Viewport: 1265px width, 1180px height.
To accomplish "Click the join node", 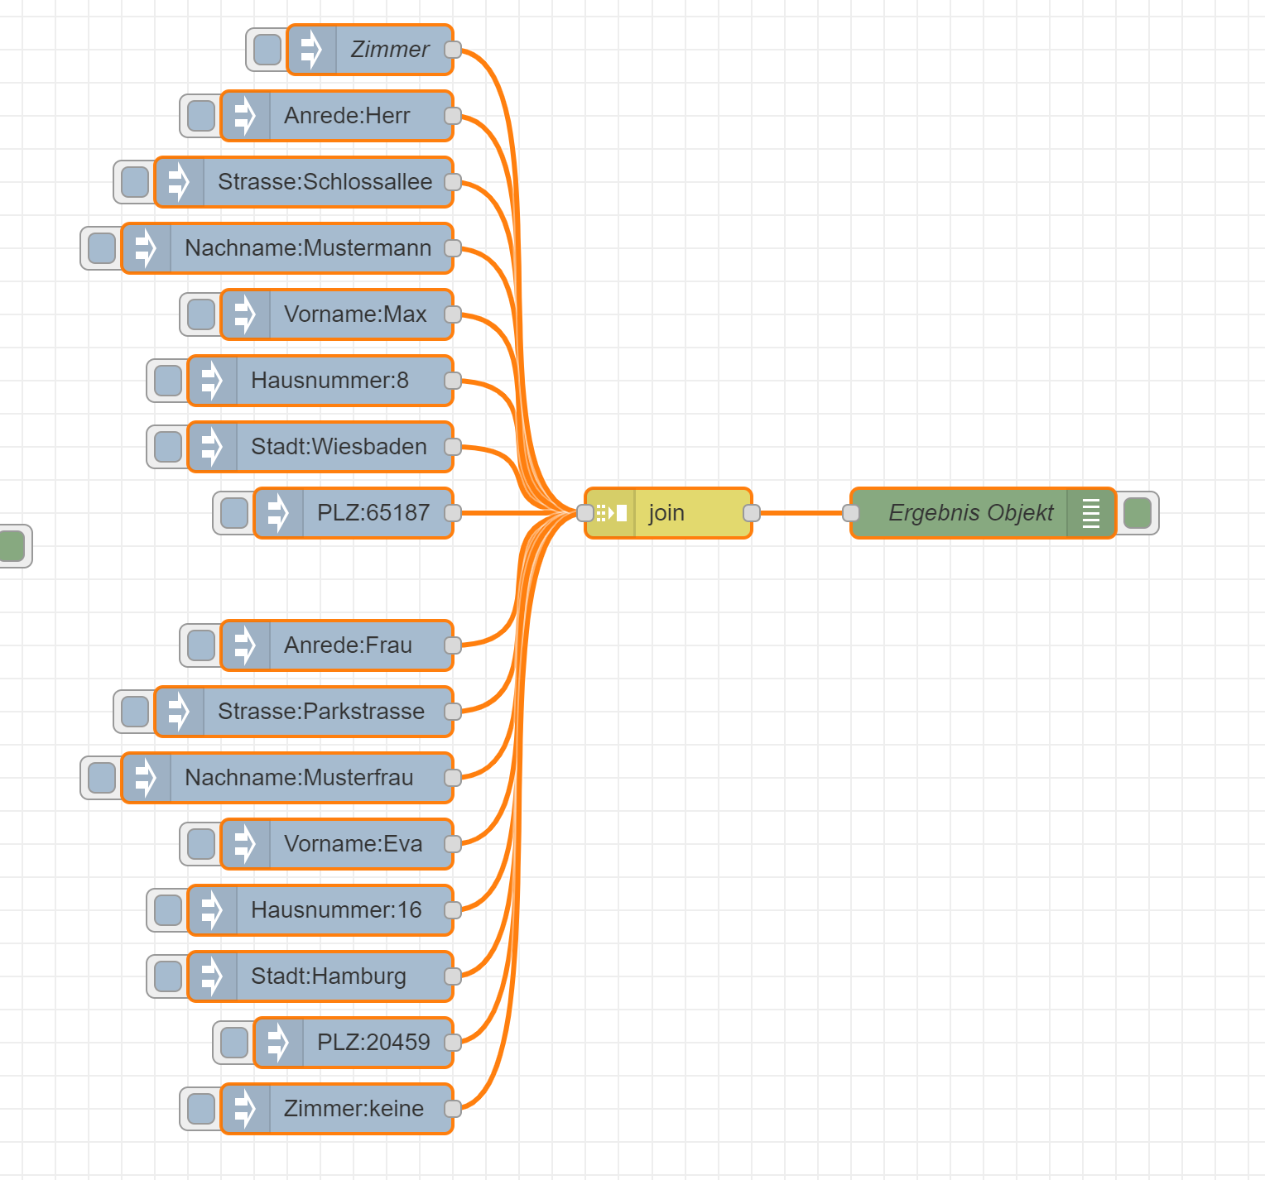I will tap(667, 513).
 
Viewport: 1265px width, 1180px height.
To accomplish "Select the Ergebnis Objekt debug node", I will tap(970, 513).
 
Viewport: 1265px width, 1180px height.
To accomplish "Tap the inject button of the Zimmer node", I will tap(267, 50).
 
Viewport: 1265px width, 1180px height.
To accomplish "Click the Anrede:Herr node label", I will tap(347, 116).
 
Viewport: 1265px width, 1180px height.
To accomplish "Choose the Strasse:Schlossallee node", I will tap(325, 182).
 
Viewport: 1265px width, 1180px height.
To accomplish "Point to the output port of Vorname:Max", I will tap(453, 314).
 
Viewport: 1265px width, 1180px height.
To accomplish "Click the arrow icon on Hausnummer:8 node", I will tap(213, 381).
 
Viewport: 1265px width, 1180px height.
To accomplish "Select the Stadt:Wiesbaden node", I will tap(339, 447).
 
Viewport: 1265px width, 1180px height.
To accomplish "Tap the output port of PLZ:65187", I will tap(453, 513).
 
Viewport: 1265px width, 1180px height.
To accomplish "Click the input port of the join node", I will tap(585, 513).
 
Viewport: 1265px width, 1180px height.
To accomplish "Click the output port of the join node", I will tap(752, 513).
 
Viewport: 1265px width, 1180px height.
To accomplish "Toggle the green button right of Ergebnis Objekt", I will tap(1138, 513).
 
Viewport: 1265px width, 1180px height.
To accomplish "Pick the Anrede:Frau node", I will tap(348, 645).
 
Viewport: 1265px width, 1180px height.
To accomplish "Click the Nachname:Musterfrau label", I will tap(299, 778).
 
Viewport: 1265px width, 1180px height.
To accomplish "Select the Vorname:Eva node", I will tap(353, 844).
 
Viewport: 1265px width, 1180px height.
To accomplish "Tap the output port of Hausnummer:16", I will tap(453, 910).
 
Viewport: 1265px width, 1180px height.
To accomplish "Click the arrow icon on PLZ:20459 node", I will tap(279, 1043).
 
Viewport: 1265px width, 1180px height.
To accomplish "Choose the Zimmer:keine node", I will tap(354, 1109).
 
